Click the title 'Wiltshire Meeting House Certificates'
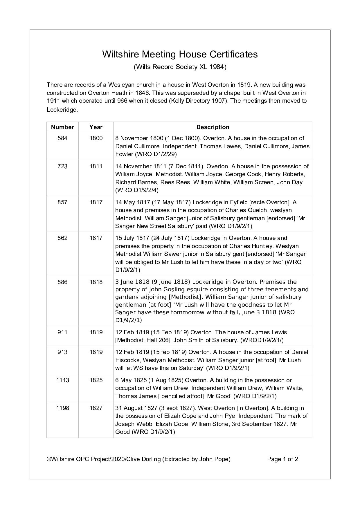pyautogui.click(x=180, y=54)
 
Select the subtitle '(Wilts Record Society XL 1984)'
pyautogui.click(x=180, y=67)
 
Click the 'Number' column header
pyautogui.click(x=62, y=127)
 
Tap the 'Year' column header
pyautogui.click(x=96, y=127)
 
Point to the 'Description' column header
pyautogui.click(x=213, y=127)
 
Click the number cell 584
pyautogui.click(x=62, y=138)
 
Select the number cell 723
pyautogui.click(x=62, y=166)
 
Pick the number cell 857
pyautogui.click(x=62, y=202)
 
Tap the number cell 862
pyautogui.click(x=62, y=238)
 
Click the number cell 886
pyautogui.click(x=62, y=282)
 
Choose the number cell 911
pyautogui.click(x=62, y=332)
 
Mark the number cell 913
pyautogui.click(x=62, y=352)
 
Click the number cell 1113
pyautogui.click(x=62, y=380)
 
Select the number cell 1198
pyautogui.click(x=62, y=408)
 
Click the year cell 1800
pyautogui.click(x=96, y=138)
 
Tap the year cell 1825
pyautogui.click(x=96, y=380)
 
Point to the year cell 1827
pyautogui.click(x=96, y=408)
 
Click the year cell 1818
pyautogui.click(x=96, y=282)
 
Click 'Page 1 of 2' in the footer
pyautogui.click(x=282, y=459)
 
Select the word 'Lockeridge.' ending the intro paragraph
pyautogui.click(x=62, y=110)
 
